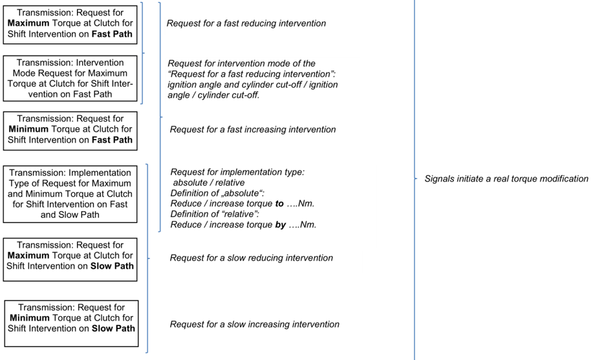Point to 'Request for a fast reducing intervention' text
pyautogui.click(x=246, y=23)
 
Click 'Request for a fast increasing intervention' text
pyautogui.click(x=253, y=129)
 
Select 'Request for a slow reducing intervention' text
pyautogui.click(x=252, y=258)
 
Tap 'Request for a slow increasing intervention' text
pyautogui.click(x=254, y=324)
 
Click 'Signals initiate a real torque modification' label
pyautogui.click(x=506, y=179)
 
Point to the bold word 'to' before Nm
pyautogui.click(x=279, y=204)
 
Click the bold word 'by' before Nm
pyautogui.click(x=281, y=225)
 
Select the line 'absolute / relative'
pyautogui.click(x=209, y=183)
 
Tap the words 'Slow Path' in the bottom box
pyautogui.click(x=113, y=328)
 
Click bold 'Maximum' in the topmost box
pyautogui.click(x=28, y=23)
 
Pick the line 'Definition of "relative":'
pyautogui.click(x=215, y=215)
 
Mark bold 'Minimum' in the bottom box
pyautogui.click(x=30, y=318)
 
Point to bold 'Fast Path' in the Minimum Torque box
pyautogui.click(x=113, y=140)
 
